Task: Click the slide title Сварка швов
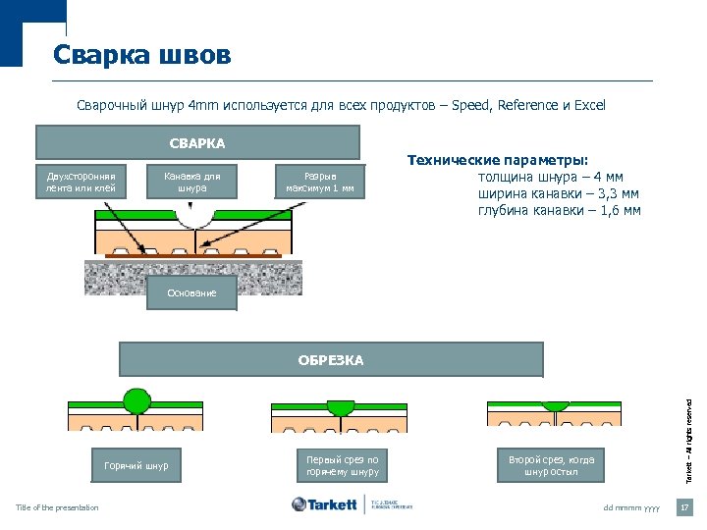point(142,55)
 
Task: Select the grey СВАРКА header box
point(196,143)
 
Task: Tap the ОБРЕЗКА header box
point(331,360)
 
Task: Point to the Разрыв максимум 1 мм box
point(320,182)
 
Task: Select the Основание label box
point(191,293)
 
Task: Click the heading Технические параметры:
point(498,161)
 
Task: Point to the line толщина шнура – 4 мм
point(550,178)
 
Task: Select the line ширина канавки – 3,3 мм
point(558,193)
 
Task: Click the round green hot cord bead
point(136,399)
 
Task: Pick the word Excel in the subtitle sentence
point(589,105)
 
